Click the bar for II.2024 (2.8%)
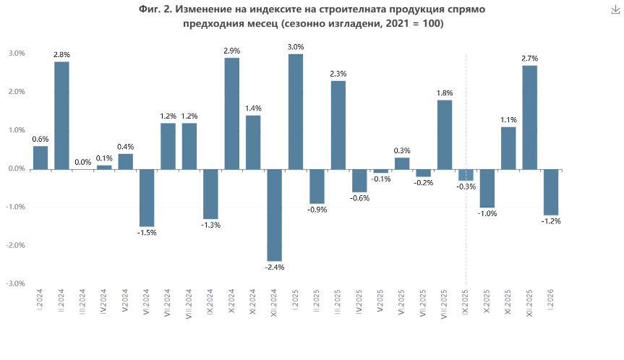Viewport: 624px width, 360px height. pyautogui.click(x=61, y=116)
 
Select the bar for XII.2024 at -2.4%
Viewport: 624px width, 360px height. pyautogui.click(x=274, y=215)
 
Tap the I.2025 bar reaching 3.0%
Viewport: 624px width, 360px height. pyautogui.click(x=295, y=111)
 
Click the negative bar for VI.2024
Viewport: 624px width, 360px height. pyautogui.click(x=147, y=197)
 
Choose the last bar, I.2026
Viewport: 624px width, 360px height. pyautogui.click(x=551, y=192)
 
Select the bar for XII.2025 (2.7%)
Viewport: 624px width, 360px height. pyautogui.click(x=529, y=117)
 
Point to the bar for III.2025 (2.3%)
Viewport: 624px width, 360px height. pyautogui.click(x=338, y=124)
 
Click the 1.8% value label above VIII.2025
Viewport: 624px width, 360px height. pyautogui.click(x=445, y=93)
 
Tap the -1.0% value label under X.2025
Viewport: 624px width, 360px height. pyautogui.click(x=487, y=214)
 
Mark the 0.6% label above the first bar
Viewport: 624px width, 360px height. pyautogui.click(x=40, y=140)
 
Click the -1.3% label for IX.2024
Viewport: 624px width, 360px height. pyautogui.click(x=210, y=225)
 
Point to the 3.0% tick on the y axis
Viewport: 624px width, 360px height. pyautogui.click(x=17, y=53)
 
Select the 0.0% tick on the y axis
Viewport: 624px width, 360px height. pyautogui.click(x=17, y=169)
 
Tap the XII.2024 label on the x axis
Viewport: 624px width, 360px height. pyautogui.click(x=274, y=301)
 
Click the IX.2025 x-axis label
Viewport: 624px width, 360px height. pyautogui.click(x=466, y=301)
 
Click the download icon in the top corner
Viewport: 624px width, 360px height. pyautogui.click(x=615, y=9)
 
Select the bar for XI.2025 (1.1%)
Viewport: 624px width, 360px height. pyautogui.click(x=508, y=148)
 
